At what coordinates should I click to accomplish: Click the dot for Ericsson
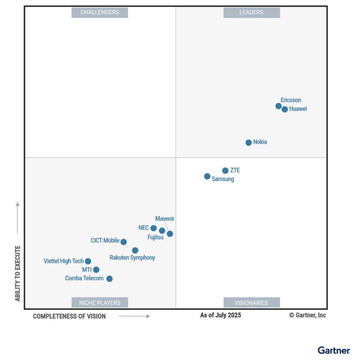point(278,106)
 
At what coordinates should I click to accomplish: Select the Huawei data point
point(285,109)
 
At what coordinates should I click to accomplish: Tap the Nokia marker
point(248,142)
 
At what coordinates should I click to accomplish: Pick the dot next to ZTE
point(225,170)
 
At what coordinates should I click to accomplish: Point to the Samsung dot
point(207,176)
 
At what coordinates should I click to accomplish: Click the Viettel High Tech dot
point(88,261)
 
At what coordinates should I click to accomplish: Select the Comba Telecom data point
point(109,278)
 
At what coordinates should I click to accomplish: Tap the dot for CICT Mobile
point(124,242)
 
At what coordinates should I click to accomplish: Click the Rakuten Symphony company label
point(132,258)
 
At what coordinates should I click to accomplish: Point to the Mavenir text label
point(165,219)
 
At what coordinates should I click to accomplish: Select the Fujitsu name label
point(155,238)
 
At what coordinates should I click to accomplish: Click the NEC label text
point(144,228)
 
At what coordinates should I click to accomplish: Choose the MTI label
point(87,270)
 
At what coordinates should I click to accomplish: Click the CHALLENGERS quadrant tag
point(100,12)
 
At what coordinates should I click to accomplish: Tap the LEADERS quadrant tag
point(251,12)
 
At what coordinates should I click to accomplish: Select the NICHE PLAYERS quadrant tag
point(100,302)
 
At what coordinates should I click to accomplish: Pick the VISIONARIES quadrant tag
point(251,302)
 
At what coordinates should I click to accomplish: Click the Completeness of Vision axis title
point(69,316)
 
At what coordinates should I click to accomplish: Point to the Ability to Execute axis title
point(18,274)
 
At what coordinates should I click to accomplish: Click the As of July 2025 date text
point(220,315)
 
